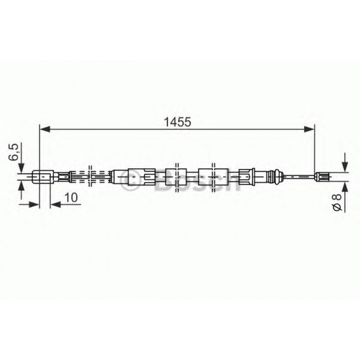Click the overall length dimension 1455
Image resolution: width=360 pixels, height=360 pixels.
pyautogui.click(x=178, y=121)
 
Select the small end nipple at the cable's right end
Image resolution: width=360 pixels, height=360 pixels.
pyautogui.click(x=322, y=177)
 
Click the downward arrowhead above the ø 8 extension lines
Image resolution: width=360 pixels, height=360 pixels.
pyautogui.click(x=345, y=167)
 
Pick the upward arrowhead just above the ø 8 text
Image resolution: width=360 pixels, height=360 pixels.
pyautogui.click(x=345, y=186)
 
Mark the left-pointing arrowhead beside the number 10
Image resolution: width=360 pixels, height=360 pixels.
pyautogui.click(x=54, y=204)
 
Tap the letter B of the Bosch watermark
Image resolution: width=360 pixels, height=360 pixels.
pyautogui.click(x=164, y=185)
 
